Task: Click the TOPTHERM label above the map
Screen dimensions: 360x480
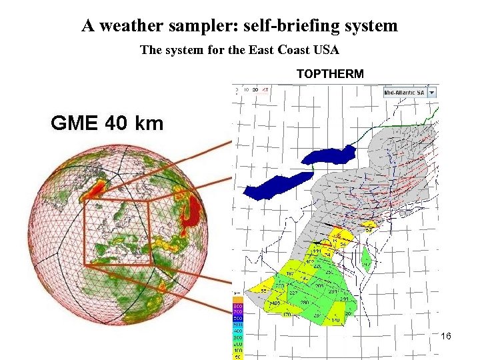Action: coord(330,74)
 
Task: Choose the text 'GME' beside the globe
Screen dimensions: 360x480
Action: coord(74,123)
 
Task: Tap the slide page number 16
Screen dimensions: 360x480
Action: coord(445,336)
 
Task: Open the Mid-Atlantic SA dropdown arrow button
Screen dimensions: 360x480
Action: coord(432,93)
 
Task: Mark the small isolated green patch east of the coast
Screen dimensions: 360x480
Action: coord(365,257)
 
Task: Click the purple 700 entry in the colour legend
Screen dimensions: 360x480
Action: coord(237,311)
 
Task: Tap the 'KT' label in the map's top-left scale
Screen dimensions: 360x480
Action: coord(265,89)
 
